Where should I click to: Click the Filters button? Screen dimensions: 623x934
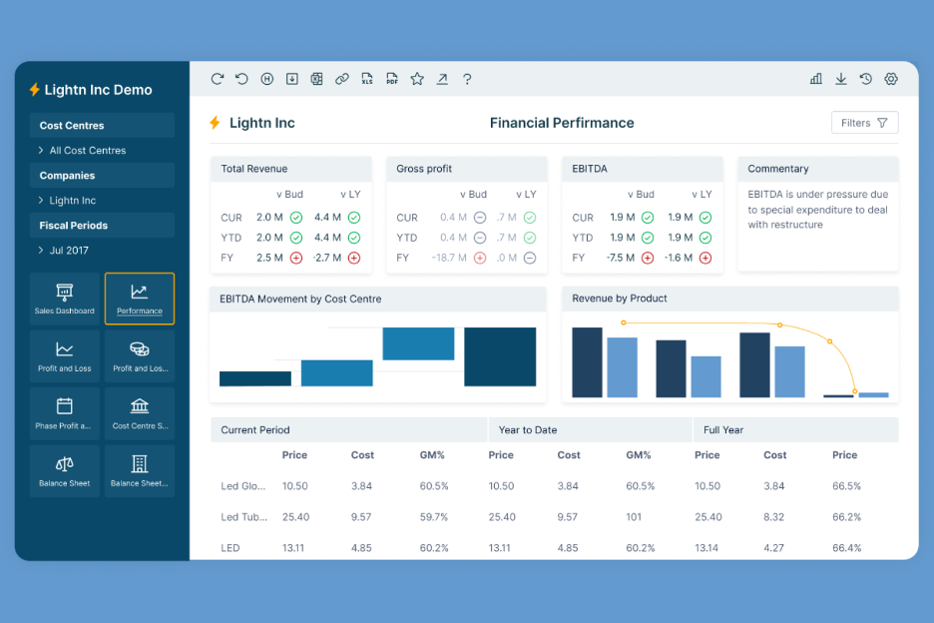864,123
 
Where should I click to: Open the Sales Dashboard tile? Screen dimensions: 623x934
65,299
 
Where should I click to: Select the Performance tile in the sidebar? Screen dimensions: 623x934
140,299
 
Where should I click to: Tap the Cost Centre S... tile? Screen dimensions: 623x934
140,413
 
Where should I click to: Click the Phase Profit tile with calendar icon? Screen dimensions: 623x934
65,413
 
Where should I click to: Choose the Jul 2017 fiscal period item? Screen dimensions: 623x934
69,251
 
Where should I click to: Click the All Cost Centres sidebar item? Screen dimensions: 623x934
88,151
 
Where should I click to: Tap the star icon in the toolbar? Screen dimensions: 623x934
417,79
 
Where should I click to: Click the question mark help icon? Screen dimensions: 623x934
467,79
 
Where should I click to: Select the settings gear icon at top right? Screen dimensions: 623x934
891,79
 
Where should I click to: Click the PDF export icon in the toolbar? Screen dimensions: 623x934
392,79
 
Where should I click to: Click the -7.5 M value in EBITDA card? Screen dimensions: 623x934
622,258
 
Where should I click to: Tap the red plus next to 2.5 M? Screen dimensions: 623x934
295,258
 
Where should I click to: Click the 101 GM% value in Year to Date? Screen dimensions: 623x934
634,517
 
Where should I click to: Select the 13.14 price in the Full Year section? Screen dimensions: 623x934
707,548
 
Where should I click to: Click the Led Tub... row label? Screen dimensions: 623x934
242,517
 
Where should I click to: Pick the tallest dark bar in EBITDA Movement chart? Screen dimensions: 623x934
500,356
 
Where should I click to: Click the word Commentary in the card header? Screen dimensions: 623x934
777,169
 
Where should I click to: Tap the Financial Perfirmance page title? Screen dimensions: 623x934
562,123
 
